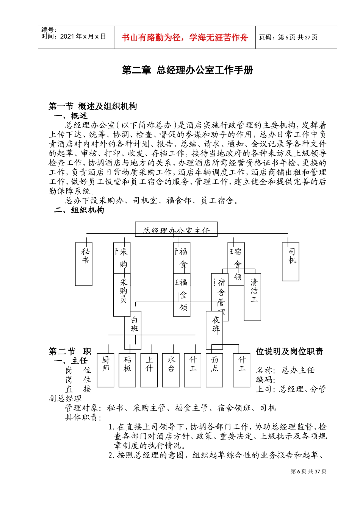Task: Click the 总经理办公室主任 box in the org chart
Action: click(176, 230)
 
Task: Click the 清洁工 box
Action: click(253, 298)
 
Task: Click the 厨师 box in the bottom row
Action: click(105, 370)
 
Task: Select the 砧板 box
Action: click(127, 370)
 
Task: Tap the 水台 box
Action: click(171, 370)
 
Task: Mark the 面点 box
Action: click(214, 370)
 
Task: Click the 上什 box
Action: click(149, 370)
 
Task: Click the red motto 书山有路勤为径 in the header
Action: click(185, 37)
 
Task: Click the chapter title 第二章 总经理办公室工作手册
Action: click(187, 70)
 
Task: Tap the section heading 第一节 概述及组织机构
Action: click(93, 106)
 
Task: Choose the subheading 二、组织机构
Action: click(79, 210)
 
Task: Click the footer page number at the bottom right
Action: click(308, 471)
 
